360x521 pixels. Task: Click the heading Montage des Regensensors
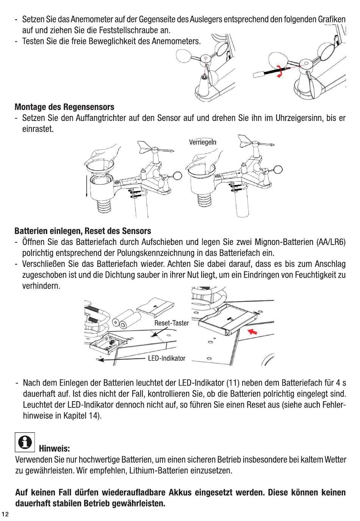point(64,107)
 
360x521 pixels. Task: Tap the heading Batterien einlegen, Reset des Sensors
point(83,231)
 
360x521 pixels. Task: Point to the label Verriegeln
point(203,142)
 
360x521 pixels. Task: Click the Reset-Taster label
point(171,323)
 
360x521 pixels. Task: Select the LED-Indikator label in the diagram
point(166,358)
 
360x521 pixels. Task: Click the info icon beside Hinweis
point(25,442)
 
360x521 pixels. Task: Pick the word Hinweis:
point(54,449)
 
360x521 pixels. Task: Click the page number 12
point(5,514)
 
